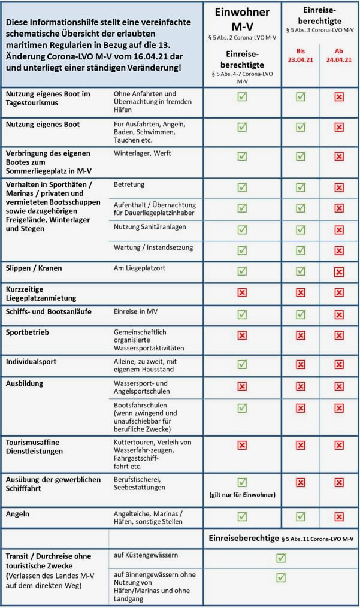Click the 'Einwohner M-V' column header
point(242,19)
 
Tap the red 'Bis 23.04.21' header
point(300,55)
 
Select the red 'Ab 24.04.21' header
point(339,55)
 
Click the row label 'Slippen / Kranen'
point(34,268)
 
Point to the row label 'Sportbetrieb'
point(27,332)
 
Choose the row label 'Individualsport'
point(32,362)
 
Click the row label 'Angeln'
point(17,514)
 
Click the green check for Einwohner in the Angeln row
point(242,516)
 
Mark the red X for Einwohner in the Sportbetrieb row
point(242,335)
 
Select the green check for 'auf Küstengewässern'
point(281,558)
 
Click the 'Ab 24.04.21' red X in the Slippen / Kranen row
point(339,271)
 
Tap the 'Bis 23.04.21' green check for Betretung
point(300,187)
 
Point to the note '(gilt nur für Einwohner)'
point(242,494)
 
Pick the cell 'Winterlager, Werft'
point(142,154)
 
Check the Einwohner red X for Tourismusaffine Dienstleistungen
point(242,445)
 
